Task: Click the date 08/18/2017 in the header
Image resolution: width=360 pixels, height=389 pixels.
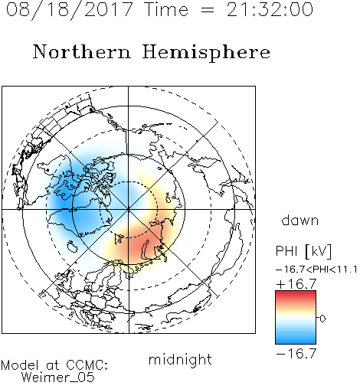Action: coord(69,10)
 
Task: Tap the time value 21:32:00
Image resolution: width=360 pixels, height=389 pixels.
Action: coord(270,9)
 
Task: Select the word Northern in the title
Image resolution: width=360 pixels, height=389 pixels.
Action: coord(82,51)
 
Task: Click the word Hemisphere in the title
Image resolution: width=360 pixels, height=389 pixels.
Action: coord(206,53)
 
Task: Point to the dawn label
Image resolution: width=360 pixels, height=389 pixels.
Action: coord(300,220)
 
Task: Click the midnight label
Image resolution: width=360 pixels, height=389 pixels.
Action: coord(180,360)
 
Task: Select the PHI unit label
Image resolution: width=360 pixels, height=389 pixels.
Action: coord(303,251)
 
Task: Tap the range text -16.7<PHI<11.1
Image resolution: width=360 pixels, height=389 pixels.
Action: coord(316,270)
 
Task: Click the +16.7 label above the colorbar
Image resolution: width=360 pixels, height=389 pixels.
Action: coord(296,284)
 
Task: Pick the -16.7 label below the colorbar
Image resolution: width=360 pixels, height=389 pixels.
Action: coord(296,354)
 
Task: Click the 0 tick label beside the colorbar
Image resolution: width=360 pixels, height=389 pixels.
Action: coord(322,319)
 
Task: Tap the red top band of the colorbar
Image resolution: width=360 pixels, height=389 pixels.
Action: coord(296,294)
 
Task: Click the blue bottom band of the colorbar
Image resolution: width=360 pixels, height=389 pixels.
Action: coord(296,341)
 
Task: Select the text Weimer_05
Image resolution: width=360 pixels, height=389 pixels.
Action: coord(58,378)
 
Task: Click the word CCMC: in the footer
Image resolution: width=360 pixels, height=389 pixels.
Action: coord(87,365)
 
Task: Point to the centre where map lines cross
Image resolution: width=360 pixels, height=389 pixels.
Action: coord(128,209)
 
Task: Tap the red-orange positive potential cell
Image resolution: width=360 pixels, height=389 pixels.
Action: coord(139,247)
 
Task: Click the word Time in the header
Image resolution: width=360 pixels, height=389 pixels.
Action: coord(166,10)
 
